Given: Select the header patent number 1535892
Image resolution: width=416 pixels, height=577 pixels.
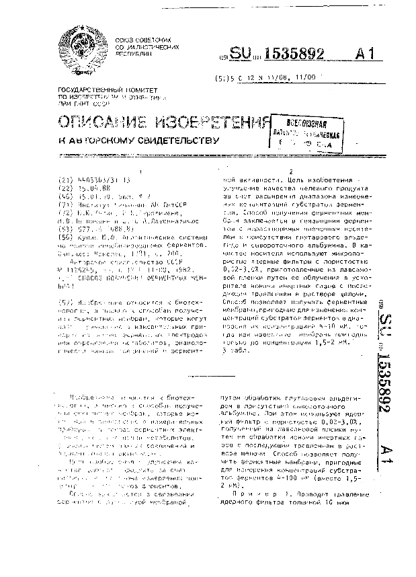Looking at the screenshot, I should tap(293, 55).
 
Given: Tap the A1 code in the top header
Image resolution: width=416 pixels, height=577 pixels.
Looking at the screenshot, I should tap(363, 55).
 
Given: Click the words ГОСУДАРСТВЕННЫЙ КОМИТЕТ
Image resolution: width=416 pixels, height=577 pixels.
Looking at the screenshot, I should tap(96, 89).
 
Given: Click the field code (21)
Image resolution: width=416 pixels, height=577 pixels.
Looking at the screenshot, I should tap(65, 180).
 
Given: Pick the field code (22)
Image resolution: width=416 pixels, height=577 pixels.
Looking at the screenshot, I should tap(65, 189).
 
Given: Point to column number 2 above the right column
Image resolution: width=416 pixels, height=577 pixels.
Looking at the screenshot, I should tap(290, 172).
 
